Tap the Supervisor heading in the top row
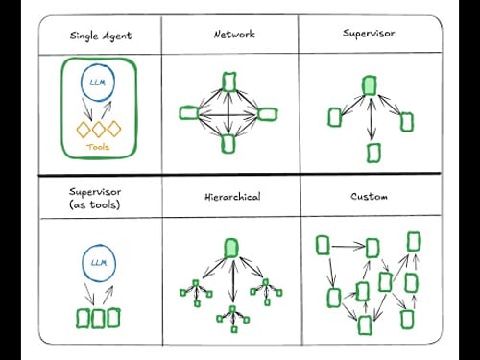(x=370, y=35)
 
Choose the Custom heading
(x=370, y=197)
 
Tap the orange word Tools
(x=98, y=148)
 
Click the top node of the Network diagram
(x=229, y=81)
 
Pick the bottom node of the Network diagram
(x=229, y=143)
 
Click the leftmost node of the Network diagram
(x=189, y=112)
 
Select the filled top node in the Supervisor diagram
(x=369, y=86)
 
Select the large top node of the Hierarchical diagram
(x=230, y=249)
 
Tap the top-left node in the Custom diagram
(x=324, y=244)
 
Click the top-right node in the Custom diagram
(x=414, y=241)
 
